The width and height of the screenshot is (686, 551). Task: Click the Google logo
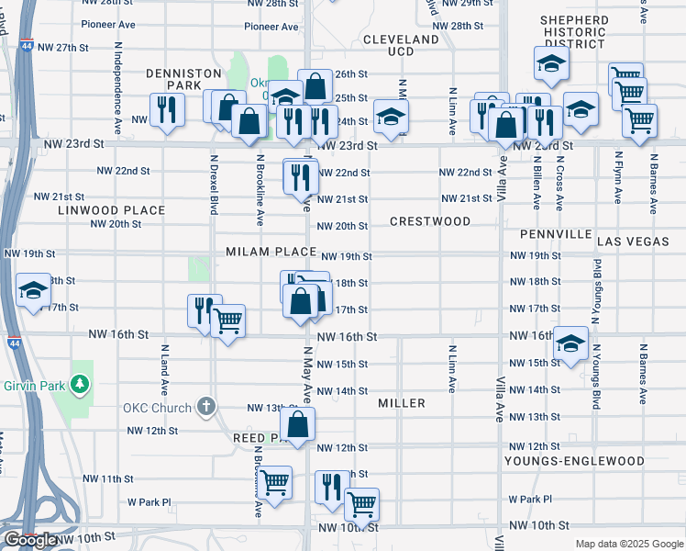coord(31,540)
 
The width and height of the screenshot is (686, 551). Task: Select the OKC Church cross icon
coord(207,406)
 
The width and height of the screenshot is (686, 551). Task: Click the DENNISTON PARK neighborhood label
coord(184,79)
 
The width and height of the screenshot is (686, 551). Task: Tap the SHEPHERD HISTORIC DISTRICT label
coord(574,32)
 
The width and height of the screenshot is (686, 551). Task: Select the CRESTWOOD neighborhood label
coord(430,221)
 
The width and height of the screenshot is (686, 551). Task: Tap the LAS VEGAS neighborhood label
coord(634,241)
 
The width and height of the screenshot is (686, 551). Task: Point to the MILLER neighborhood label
coord(401,403)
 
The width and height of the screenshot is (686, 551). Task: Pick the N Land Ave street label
coord(165,369)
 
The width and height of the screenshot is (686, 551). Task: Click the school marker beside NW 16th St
coord(571,344)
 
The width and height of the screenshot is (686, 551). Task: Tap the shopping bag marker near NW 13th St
coord(297,424)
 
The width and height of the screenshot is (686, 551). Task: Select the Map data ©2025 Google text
coord(629,544)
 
